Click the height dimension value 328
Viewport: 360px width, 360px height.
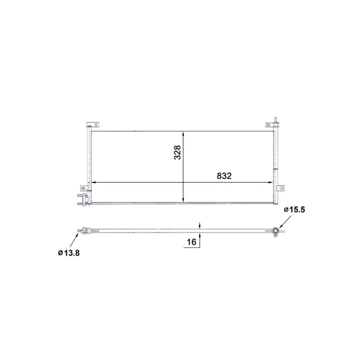(177, 153)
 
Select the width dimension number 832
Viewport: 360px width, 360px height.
(224, 176)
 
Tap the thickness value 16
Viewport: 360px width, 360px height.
(191, 242)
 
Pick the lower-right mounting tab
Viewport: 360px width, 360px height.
(282, 188)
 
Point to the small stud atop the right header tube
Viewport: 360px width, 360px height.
(276, 120)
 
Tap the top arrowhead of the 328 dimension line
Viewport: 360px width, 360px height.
(183, 134)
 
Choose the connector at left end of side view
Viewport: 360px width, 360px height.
(83, 232)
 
